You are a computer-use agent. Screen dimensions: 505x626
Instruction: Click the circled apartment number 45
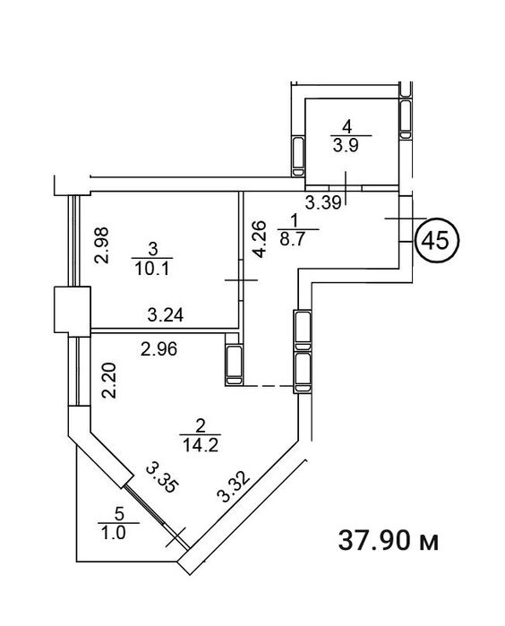click(437, 241)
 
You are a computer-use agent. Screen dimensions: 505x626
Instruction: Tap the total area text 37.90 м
click(388, 541)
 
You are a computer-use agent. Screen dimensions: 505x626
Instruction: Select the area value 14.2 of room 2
click(201, 445)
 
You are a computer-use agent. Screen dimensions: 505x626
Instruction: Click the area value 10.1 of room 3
click(152, 269)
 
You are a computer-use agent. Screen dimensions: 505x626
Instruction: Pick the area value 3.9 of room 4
click(346, 146)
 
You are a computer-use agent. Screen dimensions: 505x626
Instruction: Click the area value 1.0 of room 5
click(115, 534)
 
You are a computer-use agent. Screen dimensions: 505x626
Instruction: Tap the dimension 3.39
click(323, 202)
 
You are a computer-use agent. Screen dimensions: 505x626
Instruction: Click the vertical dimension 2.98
click(102, 245)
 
